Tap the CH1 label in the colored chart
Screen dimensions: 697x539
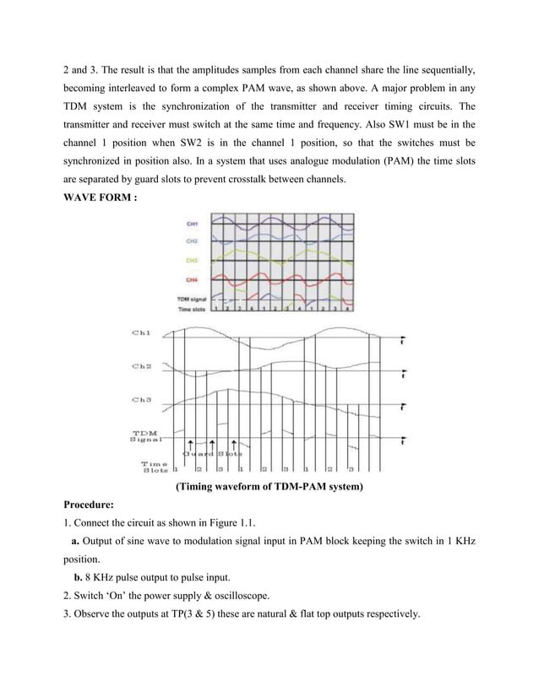[192, 224]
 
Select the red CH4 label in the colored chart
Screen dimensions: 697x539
[192, 279]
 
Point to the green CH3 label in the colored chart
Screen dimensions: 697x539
[192, 261]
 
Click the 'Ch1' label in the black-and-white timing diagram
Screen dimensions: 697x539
[141, 335]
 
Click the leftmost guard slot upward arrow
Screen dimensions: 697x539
[192, 446]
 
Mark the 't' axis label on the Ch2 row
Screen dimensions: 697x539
[403, 372]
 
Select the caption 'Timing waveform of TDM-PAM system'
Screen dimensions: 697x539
[269, 487]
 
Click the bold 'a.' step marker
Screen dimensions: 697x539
[76, 540]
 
